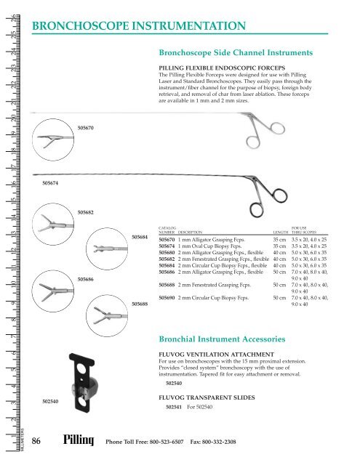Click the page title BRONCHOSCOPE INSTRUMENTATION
coord(138,27)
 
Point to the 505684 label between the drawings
coord(142,237)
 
